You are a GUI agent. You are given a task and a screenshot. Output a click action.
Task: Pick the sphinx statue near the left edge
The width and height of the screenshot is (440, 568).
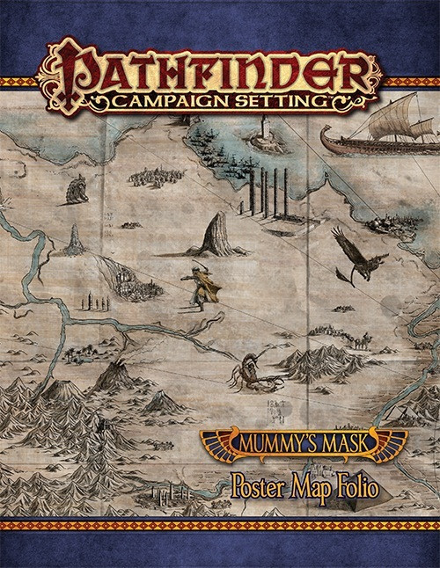coord(77,187)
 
